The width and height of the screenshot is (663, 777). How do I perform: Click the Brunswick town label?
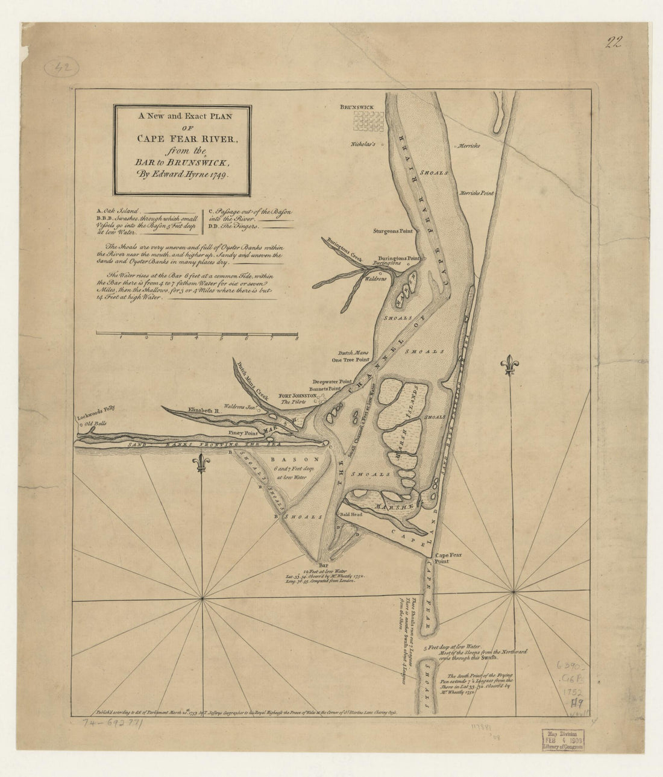click(356, 107)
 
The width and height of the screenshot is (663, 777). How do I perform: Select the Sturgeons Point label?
click(393, 231)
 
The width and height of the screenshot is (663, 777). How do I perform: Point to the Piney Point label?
click(243, 433)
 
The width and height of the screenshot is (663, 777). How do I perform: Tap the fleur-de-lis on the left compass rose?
click(202, 463)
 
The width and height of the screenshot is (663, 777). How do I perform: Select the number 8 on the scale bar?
click(297, 339)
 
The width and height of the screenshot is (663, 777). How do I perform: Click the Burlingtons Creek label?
click(344, 249)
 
